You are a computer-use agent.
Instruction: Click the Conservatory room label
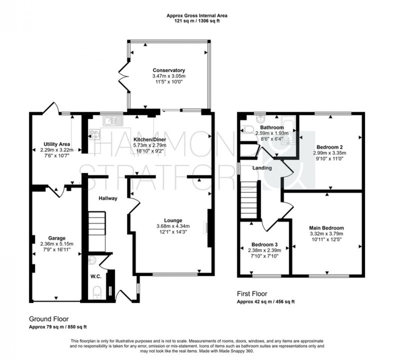169,70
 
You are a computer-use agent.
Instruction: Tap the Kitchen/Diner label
150,139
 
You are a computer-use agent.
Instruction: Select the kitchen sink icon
109,120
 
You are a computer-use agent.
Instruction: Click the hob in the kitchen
95,134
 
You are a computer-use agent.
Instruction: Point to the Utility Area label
57,144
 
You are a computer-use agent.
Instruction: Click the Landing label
263,168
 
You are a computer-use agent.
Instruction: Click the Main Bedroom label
327,228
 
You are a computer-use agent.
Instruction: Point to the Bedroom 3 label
264,244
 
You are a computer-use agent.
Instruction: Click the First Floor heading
252,294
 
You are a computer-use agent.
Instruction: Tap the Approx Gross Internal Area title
197,16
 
